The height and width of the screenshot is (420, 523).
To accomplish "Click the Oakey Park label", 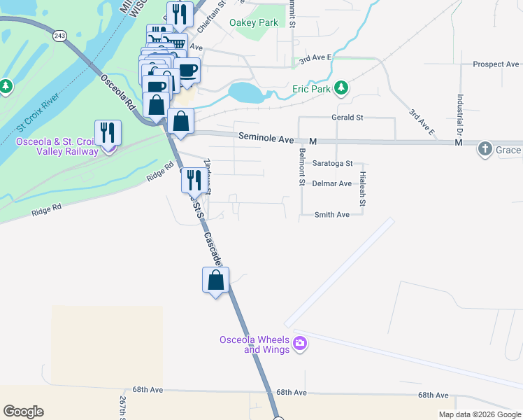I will [253, 23].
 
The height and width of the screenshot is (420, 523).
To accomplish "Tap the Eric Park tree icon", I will [341, 88].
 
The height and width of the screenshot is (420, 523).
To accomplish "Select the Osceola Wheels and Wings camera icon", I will [301, 344].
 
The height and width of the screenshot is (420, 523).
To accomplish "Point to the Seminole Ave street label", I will [266, 139].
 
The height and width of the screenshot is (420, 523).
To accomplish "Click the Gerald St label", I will [347, 118].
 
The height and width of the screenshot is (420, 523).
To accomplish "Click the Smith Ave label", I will [331, 215].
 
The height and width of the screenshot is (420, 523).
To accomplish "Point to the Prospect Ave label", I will [495, 64].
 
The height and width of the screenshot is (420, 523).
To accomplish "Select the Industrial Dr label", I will [461, 115].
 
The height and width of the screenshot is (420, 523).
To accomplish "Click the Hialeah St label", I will [363, 189].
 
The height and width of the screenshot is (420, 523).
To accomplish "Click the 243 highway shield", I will [59, 35].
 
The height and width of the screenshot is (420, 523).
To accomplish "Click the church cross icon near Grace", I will [485, 149].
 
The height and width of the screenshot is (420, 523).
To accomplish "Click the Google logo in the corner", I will [23, 412].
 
